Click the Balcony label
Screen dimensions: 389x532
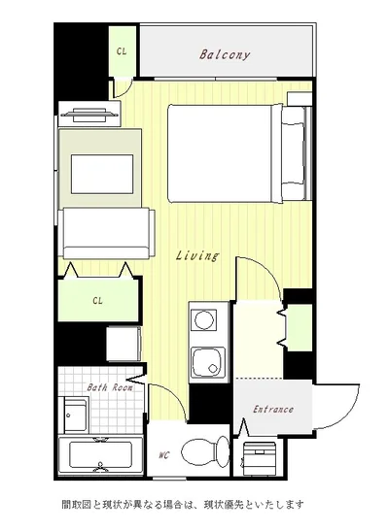pyautogui.click(x=225, y=54)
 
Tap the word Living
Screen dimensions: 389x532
pyautogui.click(x=197, y=256)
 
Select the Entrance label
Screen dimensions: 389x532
pyautogui.click(x=273, y=409)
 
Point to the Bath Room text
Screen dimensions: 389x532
pyautogui.click(x=109, y=387)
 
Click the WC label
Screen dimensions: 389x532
pyautogui.click(x=163, y=455)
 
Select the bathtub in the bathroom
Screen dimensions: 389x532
pyautogui.click(x=100, y=455)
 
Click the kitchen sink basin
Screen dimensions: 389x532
pyautogui.click(x=207, y=362)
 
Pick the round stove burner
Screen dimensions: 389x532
pyautogui.click(x=204, y=319)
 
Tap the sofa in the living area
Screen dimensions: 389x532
pyautogui.click(x=106, y=233)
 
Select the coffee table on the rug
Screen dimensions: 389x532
pyautogui.click(x=102, y=175)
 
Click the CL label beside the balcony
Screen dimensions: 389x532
pyautogui.click(x=122, y=51)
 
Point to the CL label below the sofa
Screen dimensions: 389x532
pyautogui.click(x=97, y=301)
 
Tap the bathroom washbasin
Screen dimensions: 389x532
pyautogui.click(x=76, y=415)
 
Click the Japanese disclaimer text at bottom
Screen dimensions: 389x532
pyautogui.click(x=183, y=505)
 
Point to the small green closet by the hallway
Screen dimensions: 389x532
pyautogui.click(x=300, y=327)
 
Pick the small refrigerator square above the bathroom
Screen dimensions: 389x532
pyautogui.click(x=124, y=344)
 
